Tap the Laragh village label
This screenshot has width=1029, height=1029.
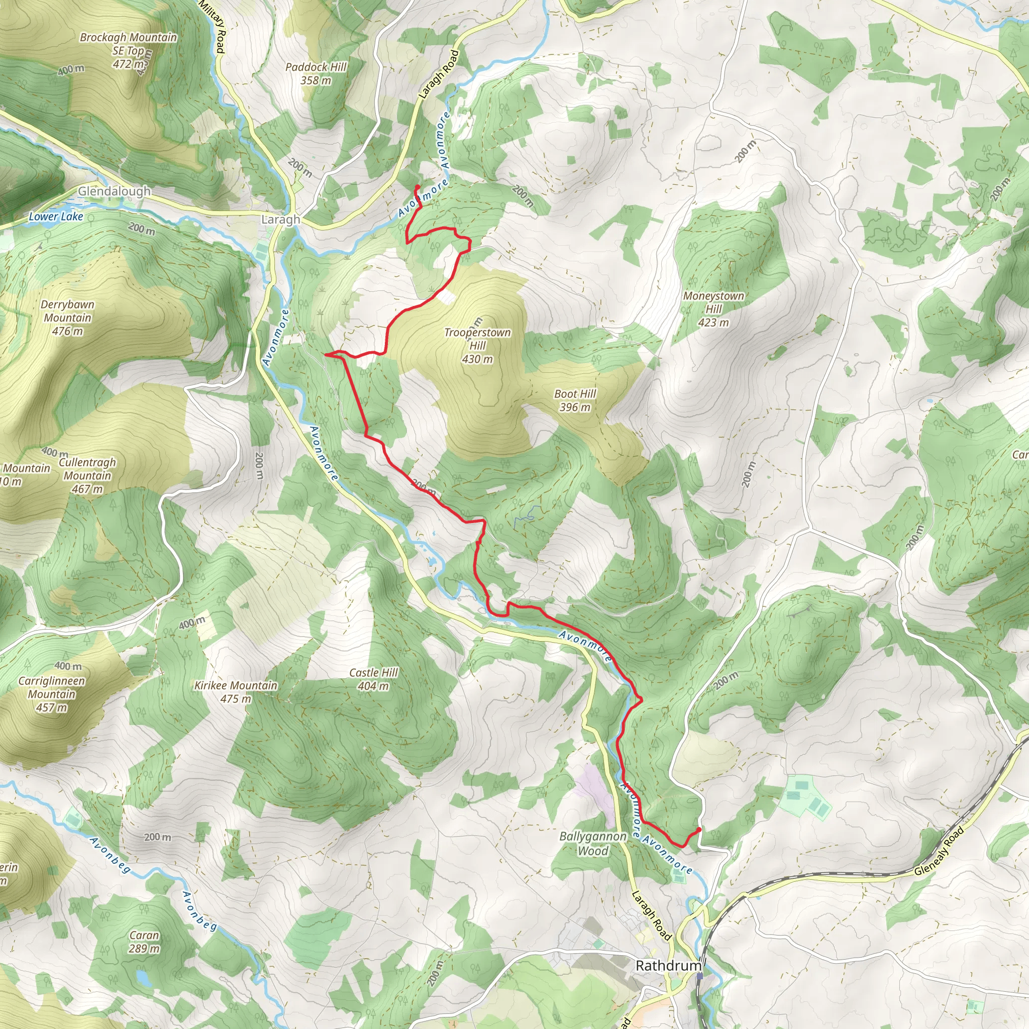(280, 220)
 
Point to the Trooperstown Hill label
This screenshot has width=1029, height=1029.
(477, 345)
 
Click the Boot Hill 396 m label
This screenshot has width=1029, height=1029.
(575, 400)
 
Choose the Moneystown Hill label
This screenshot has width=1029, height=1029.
(713, 309)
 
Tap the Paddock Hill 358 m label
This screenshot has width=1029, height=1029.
(316, 73)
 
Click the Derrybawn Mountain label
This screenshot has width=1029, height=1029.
(67, 318)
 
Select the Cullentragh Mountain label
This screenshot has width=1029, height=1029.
(87, 475)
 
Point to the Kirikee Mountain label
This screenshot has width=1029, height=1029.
(236, 691)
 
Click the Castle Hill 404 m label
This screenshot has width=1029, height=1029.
(373, 679)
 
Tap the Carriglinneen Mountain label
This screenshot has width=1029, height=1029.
(52, 694)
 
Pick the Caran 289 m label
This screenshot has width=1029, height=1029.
(144, 942)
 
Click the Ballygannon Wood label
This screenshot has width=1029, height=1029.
(592, 843)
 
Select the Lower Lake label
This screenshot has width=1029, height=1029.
(56, 216)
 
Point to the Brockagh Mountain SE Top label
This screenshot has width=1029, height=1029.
(128, 51)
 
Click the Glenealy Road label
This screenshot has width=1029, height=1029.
(939, 851)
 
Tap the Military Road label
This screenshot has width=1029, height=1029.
(213, 27)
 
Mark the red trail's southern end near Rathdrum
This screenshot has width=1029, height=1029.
(698, 830)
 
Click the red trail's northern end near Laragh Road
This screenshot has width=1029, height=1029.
(417, 186)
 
